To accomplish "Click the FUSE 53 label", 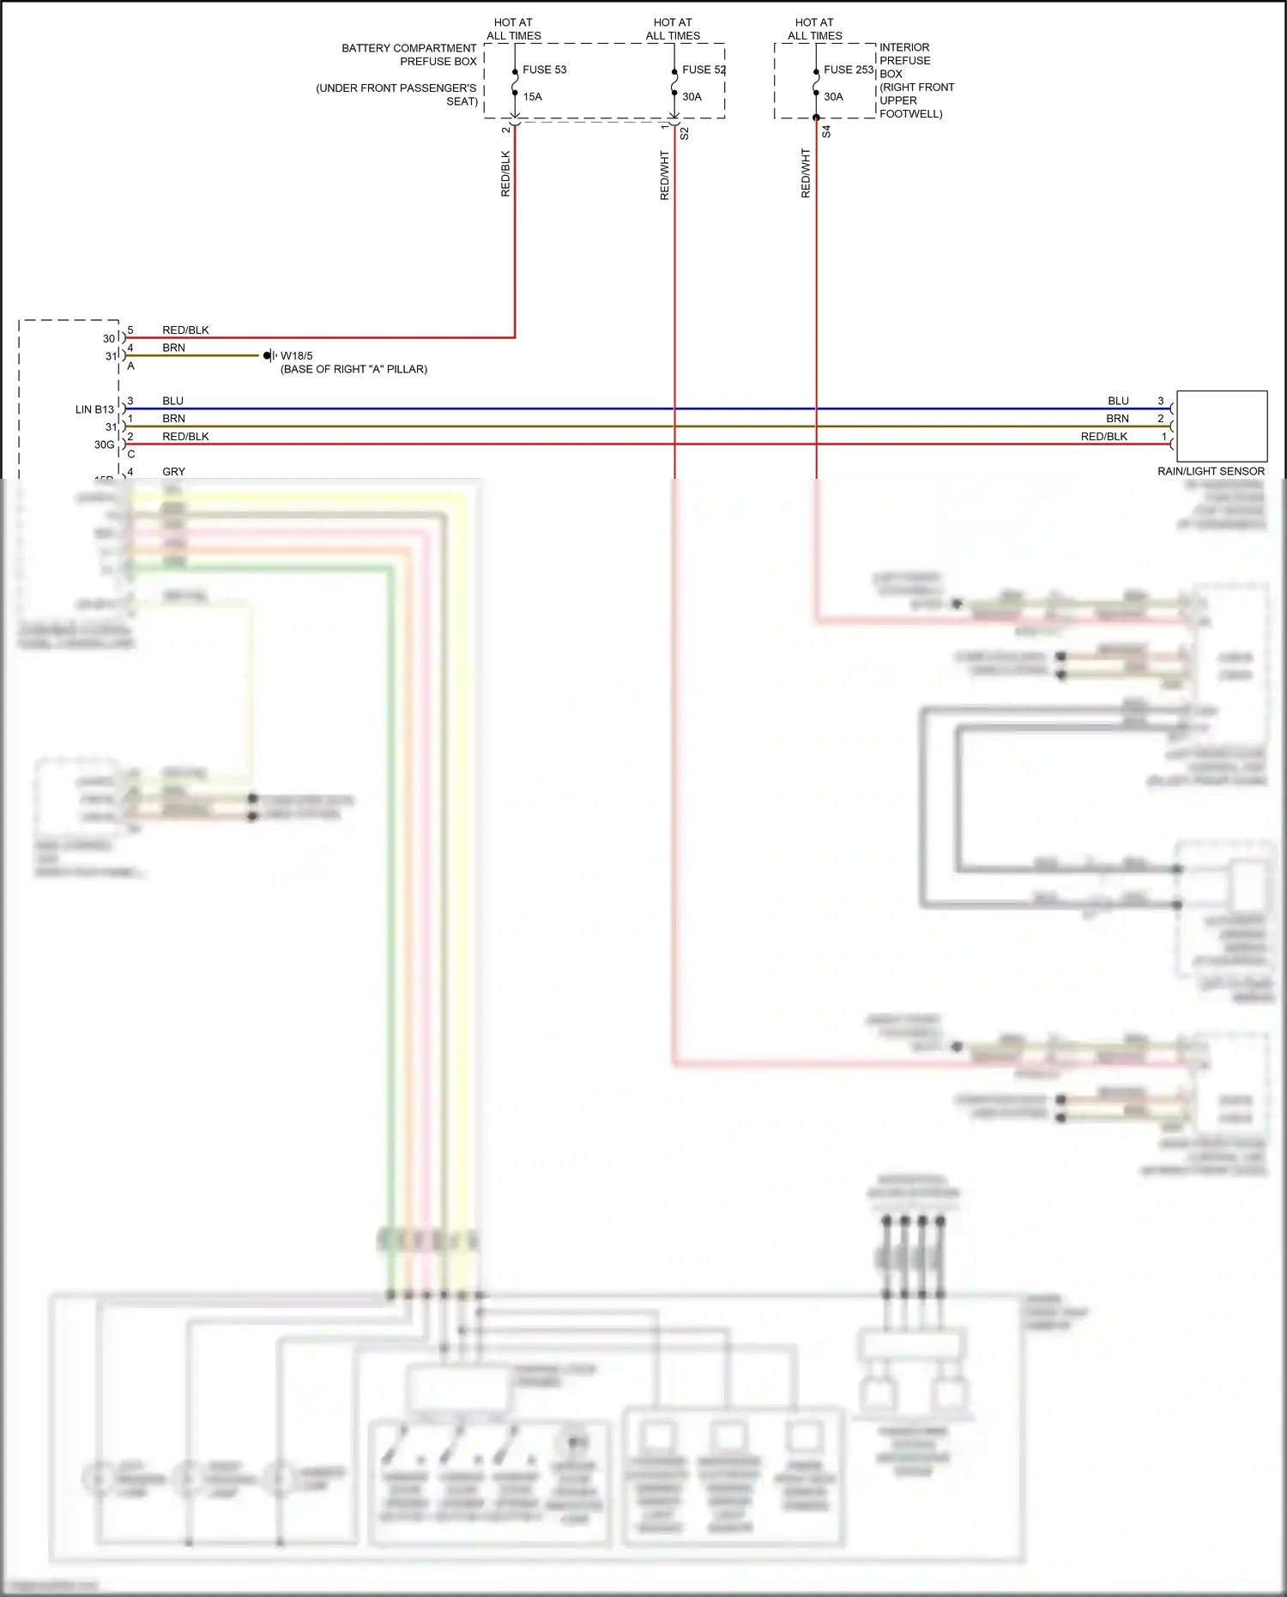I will coord(544,70).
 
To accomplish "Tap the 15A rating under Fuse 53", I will coord(532,97).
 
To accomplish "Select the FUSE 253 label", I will coord(848,70).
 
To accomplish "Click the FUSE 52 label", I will coord(704,70).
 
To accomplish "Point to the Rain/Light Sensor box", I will coord(1221,426).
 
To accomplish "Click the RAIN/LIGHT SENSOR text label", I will coord(1211,471).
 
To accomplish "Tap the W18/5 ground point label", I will coord(297,356).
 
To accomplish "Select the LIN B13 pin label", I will coord(94,409).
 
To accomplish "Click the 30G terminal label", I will coord(104,445).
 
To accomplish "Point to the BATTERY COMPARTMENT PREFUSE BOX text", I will coord(409,55).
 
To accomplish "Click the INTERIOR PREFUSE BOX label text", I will coord(904,60).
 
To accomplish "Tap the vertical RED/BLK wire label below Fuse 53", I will coord(505,174).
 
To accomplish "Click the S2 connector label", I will coord(684,133).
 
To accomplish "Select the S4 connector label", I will coord(826,131).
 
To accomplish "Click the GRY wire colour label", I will coord(173,471).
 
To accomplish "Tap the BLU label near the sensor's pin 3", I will coord(1118,401).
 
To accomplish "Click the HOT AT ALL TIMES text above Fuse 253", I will coord(814,29).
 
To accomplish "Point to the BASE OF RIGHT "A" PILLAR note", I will coord(353,369).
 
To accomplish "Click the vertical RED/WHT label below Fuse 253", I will coord(806,173).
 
